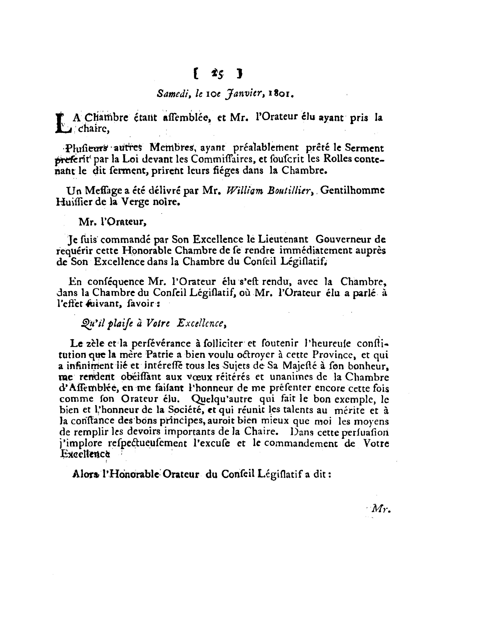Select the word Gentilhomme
[x=353, y=190]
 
